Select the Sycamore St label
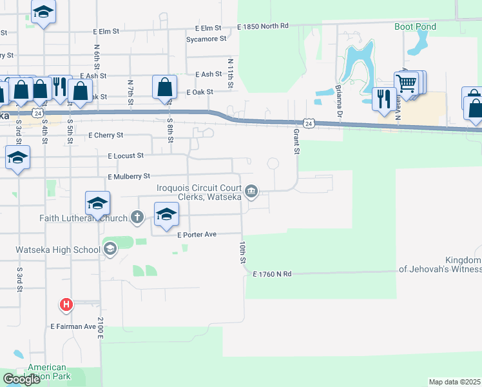pyautogui.click(x=206, y=39)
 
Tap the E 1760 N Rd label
pyautogui.click(x=273, y=274)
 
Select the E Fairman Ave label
pyautogui.click(x=73, y=326)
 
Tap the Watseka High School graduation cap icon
pyautogui.click(x=110, y=248)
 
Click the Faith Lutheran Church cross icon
pyautogui.click(x=137, y=217)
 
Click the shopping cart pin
pyautogui.click(x=406, y=83)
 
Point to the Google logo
pyautogui.click(x=21, y=379)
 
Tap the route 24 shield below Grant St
pyautogui.click(x=309, y=123)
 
